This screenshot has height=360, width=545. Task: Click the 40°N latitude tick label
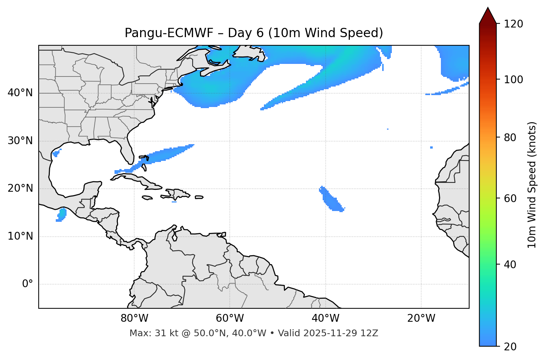point(20,93)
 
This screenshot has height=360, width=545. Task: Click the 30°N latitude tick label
point(20,141)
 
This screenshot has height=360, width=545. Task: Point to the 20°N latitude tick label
point(20,188)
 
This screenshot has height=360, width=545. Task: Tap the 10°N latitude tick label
point(20,236)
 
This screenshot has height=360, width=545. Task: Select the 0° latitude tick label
point(28,284)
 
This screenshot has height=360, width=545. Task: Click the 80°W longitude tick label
point(134,318)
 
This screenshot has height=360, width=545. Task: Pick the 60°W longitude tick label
point(230,318)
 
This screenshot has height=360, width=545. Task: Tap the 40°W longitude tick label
point(325,318)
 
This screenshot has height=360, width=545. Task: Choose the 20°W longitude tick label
point(421,318)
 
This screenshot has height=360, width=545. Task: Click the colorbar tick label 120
point(513,24)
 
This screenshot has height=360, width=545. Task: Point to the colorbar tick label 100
point(513,80)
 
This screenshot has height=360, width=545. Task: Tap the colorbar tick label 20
point(510,347)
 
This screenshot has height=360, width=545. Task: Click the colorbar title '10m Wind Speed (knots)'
point(532,185)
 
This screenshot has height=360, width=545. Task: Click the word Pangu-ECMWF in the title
point(169,33)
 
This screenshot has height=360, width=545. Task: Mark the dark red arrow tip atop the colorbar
point(488,15)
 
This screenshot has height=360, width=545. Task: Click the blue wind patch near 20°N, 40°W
point(330,200)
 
